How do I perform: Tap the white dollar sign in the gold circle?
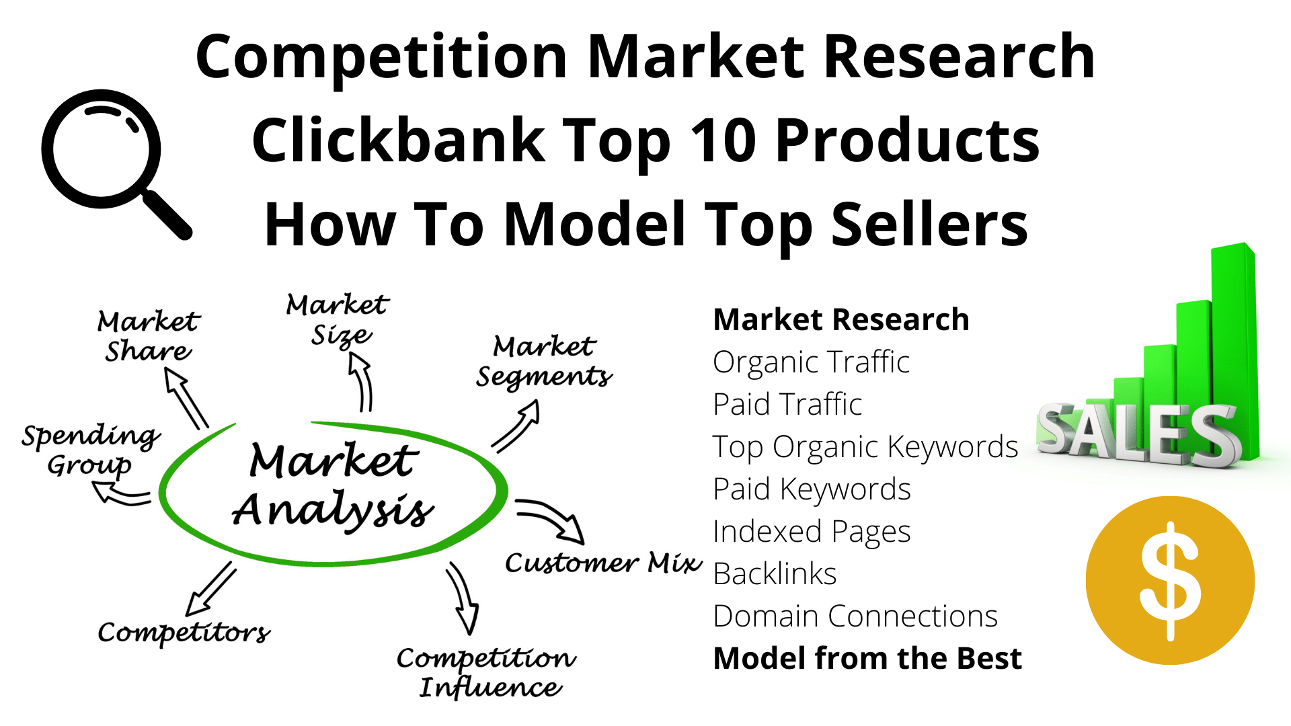tap(1170, 581)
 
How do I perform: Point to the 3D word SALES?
tap(1138, 436)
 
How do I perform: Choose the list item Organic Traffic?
tap(811, 362)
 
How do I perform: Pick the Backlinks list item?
tap(775, 574)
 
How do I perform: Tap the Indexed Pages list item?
tap(812, 532)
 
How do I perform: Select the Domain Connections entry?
tap(855, 616)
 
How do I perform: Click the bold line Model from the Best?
tap(867, 659)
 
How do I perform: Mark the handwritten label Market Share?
tap(148, 336)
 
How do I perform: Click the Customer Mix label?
tap(603, 562)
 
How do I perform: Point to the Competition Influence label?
tap(486, 673)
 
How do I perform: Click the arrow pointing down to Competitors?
tap(210, 589)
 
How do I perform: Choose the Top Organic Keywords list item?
tap(865, 447)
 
